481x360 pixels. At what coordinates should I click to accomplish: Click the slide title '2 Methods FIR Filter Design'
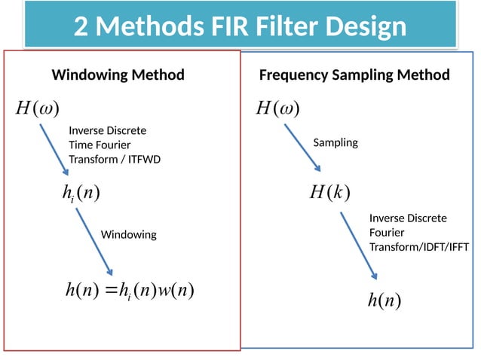click(x=240, y=27)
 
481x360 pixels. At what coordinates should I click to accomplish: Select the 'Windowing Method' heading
click(x=118, y=75)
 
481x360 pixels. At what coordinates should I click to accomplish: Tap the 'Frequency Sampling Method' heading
click(x=354, y=75)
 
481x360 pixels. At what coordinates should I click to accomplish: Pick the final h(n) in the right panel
click(x=384, y=301)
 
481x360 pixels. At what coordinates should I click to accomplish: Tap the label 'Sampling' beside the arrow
click(x=335, y=142)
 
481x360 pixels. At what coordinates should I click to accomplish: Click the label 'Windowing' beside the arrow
click(x=129, y=235)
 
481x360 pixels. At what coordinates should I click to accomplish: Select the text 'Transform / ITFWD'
click(x=115, y=160)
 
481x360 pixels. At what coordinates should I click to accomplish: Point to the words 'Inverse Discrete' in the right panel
click(x=408, y=218)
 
